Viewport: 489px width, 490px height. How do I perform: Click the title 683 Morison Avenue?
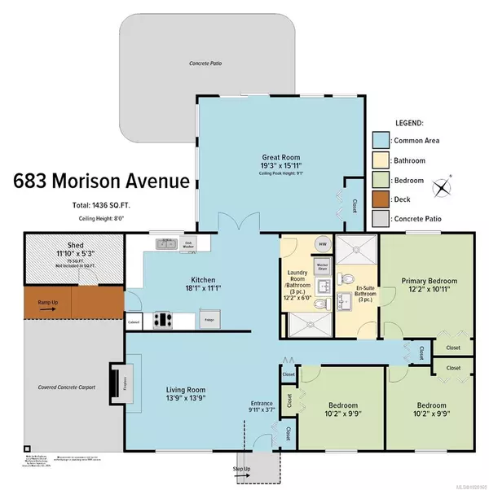[95, 180]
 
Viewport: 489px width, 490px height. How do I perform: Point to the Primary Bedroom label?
[429, 281]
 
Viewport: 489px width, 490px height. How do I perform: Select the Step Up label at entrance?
[243, 469]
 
